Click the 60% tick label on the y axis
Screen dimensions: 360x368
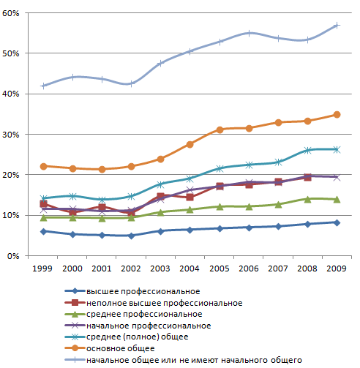pyautogui.click(x=11, y=13)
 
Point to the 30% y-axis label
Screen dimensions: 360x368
pyautogui.click(x=11, y=135)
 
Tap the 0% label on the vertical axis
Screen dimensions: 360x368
pyautogui.click(x=13, y=256)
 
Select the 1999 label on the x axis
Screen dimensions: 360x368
pyautogui.click(x=42, y=269)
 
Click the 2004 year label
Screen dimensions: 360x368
pyautogui.click(x=190, y=269)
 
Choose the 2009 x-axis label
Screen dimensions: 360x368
pyautogui.click(x=337, y=269)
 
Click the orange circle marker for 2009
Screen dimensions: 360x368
pyautogui.click(x=337, y=115)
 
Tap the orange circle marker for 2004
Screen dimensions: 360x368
pyautogui.click(x=190, y=145)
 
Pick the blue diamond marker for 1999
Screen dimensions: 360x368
pyautogui.click(x=43, y=231)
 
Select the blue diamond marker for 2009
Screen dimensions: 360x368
pyautogui.click(x=337, y=222)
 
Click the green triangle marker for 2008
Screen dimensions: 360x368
pyautogui.click(x=307, y=199)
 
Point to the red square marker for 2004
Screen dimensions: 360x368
pyautogui.click(x=190, y=197)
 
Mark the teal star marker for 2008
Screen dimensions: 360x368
pyautogui.click(x=307, y=150)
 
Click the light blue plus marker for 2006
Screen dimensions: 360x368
pyautogui.click(x=249, y=34)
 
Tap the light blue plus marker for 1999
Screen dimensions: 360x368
pyautogui.click(x=43, y=86)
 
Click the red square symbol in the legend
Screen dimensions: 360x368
pyautogui.click(x=75, y=303)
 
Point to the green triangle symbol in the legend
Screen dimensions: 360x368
pyautogui.click(x=75, y=314)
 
